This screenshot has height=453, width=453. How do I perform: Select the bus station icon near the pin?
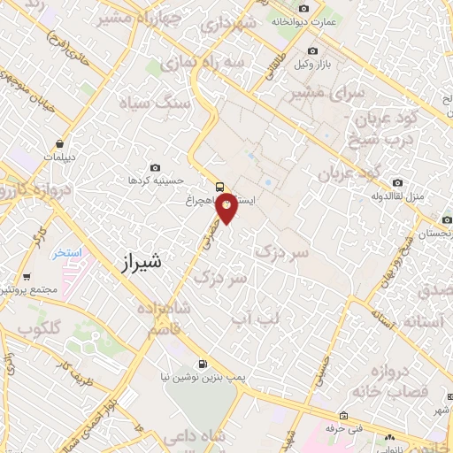[x=219, y=187]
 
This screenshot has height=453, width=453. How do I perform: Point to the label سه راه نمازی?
[x=213, y=65]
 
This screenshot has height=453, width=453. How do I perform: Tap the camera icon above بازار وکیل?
[x=311, y=52]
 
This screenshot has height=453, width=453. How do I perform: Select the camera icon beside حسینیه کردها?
[x=156, y=167]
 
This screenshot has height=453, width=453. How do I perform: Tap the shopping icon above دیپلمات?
[x=59, y=142]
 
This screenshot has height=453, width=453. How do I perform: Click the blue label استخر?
[x=65, y=252]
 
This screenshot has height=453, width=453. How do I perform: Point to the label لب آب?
[x=251, y=316]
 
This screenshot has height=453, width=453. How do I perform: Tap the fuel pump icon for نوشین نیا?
[x=203, y=363]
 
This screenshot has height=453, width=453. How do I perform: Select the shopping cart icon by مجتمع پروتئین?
[x=27, y=276]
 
